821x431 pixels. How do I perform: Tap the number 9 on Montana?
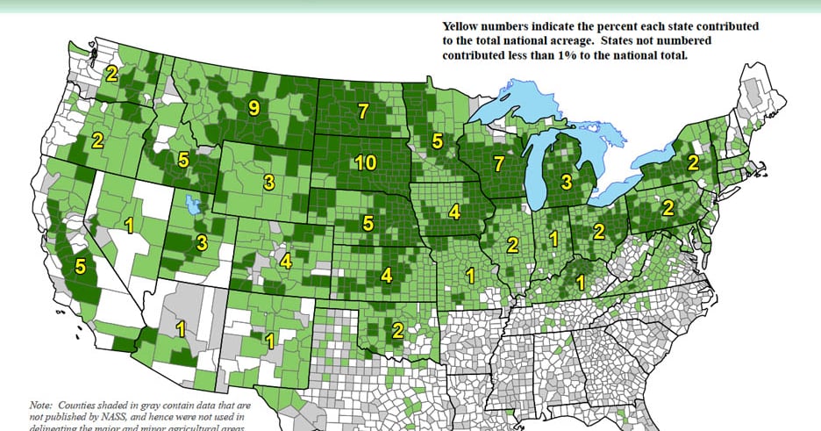[253, 108]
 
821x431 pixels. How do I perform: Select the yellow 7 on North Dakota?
[363, 111]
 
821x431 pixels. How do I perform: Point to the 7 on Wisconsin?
[498, 162]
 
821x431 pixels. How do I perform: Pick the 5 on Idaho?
[182, 160]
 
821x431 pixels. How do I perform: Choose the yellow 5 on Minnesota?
[438, 140]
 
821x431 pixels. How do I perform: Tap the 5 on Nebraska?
[368, 223]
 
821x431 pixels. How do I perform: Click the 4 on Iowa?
[453, 212]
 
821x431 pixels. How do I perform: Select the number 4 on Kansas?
[387, 275]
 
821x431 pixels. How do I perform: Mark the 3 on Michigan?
[566, 182]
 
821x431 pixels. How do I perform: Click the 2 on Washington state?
[111, 74]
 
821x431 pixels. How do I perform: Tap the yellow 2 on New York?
[692, 162]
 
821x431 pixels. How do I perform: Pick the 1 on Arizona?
[181, 330]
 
